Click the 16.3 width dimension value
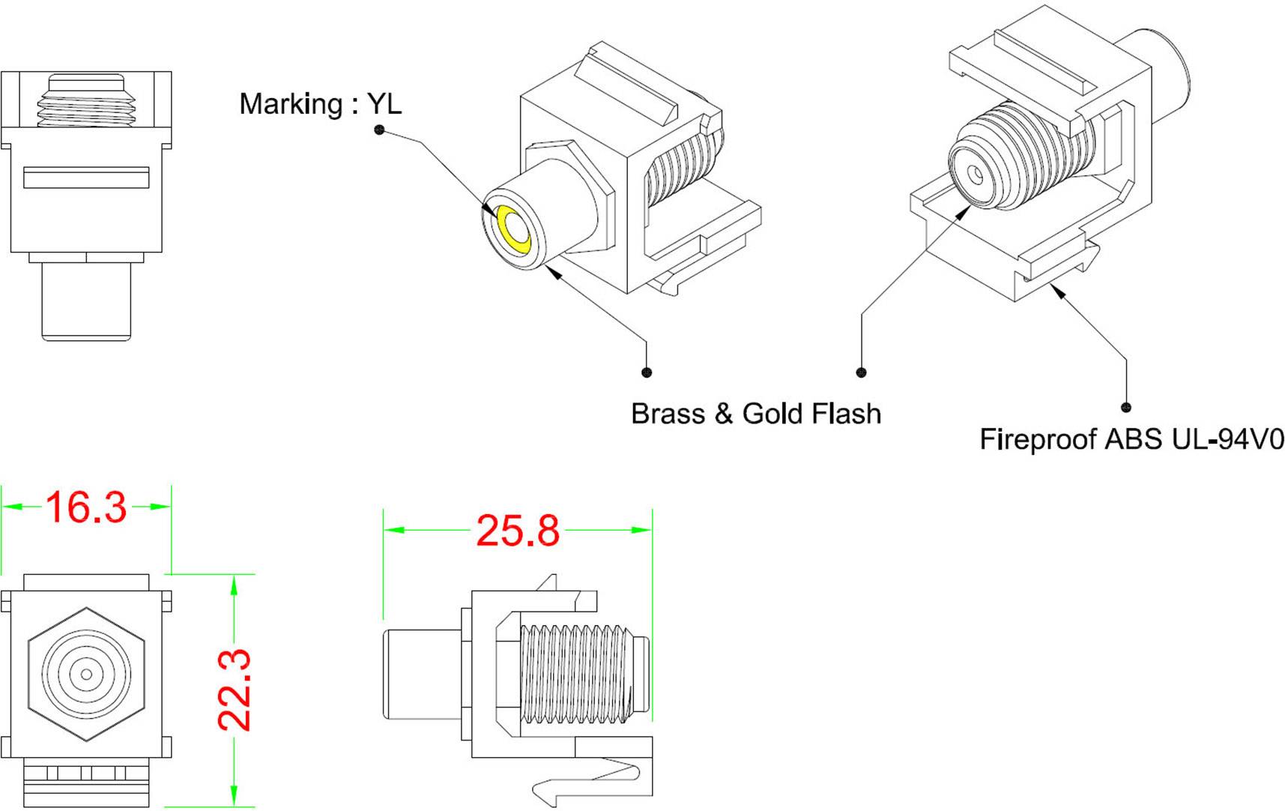[86, 507]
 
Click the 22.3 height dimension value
[235, 690]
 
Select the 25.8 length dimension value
[518, 531]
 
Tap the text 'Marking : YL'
[320, 103]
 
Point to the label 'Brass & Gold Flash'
[755, 414]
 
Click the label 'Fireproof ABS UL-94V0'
[1131, 439]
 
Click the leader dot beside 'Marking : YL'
[379, 130]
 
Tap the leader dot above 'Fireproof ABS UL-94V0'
[1125, 407]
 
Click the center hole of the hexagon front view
[86, 675]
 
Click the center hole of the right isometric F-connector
[976, 175]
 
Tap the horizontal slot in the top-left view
[86, 178]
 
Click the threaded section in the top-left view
[86, 101]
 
